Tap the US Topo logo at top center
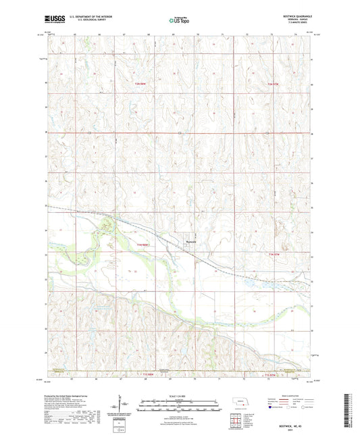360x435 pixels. pos(179,21)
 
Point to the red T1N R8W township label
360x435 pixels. pos(142,244)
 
